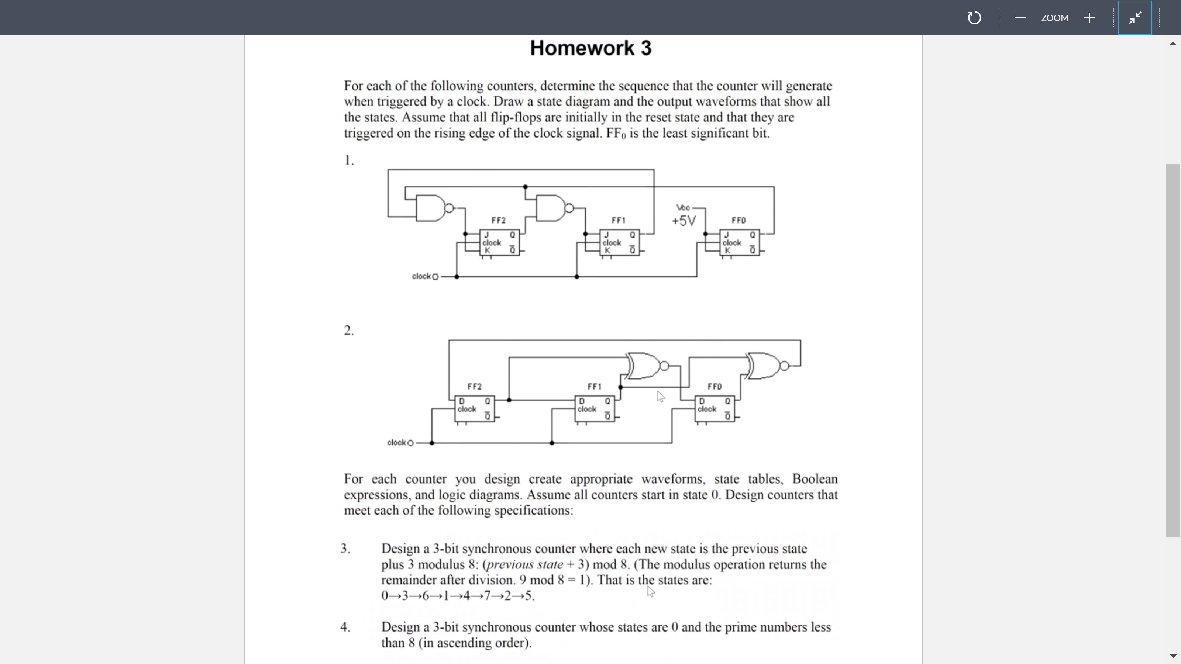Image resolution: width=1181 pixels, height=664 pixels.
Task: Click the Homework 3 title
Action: [x=590, y=48]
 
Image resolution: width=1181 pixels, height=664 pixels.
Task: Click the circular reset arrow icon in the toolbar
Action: [x=974, y=18]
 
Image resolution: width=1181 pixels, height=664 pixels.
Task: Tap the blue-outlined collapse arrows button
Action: [x=1135, y=18]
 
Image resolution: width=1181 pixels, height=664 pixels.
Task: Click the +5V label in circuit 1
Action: [x=684, y=221]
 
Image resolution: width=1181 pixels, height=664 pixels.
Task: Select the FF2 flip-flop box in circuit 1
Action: [x=499, y=242]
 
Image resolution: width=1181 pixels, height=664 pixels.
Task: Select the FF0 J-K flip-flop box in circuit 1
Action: [x=739, y=242]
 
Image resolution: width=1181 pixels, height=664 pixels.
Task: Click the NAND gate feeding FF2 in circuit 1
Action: [x=431, y=208]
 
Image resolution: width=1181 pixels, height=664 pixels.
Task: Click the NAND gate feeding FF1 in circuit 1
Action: [x=551, y=208]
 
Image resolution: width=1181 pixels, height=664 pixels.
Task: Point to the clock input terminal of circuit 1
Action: [x=435, y=277]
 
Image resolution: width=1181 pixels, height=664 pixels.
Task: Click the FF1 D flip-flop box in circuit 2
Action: [x=595, y=409]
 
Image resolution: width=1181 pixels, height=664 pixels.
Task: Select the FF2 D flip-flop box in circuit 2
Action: [x=475, y=409]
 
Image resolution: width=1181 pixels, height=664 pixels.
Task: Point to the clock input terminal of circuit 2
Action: [x=410, y=443]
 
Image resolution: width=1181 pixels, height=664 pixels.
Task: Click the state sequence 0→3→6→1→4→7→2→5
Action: [x=458, y=596]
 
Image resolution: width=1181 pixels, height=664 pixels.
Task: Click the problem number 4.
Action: [x=345, y=627]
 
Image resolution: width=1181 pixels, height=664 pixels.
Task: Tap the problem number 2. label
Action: [x=348, y=331]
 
